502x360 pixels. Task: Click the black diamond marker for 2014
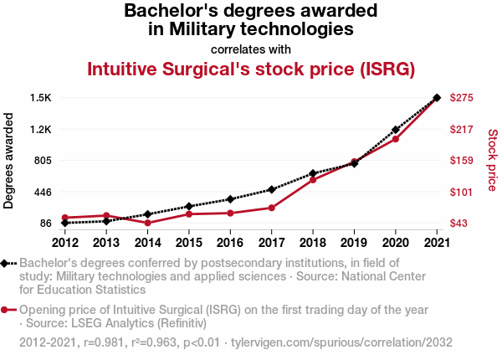(x=147, y=214)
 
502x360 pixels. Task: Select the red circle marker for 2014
(x=147, y=223)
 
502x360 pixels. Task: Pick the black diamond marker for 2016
(x=230, y=199)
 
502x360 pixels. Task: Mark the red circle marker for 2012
(x=65, y=218)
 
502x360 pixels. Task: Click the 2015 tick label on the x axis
(x=189, y=243)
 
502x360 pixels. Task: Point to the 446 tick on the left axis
(x=42, y=192)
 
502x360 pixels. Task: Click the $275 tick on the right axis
(x=462, y=98)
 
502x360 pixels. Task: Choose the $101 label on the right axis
(x=462, y=192)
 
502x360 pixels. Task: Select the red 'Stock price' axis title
(x=492, y=160)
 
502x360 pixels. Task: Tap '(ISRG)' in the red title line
(x=384, y=69)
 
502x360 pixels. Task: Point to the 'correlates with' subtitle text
(x=251, y=49)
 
